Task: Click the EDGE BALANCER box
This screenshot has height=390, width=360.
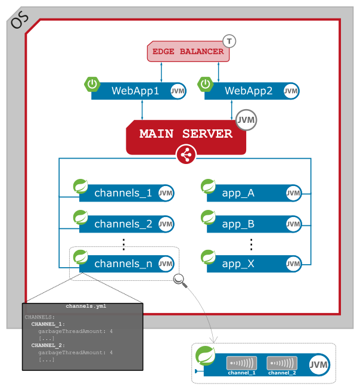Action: pos(188,52)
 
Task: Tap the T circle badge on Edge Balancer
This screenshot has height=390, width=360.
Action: pos(229,41)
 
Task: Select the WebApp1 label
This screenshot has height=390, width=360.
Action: pos(135,91)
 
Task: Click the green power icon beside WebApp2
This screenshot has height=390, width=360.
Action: pos(206,84)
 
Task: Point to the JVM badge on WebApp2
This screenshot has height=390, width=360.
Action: pos(291,91)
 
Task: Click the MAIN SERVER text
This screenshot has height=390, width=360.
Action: pos(185,134)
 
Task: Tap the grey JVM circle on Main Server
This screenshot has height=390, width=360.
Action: pos(246,120)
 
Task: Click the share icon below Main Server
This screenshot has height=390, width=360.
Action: pos(186,156)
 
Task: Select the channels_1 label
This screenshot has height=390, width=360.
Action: pos(123,193)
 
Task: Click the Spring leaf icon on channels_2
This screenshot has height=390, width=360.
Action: pos(80,216)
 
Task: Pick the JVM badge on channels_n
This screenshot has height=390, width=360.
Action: pos(166,264)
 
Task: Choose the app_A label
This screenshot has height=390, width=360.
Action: pos(238,193)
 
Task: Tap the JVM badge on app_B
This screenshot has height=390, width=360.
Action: pos(293,224)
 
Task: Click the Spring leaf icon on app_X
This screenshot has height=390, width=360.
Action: pos(208,257)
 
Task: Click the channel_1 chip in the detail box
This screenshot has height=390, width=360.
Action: pos(241,364)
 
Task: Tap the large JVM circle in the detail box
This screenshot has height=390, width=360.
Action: pos(319,364)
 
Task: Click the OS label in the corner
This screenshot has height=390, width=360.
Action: pos(20,19)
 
